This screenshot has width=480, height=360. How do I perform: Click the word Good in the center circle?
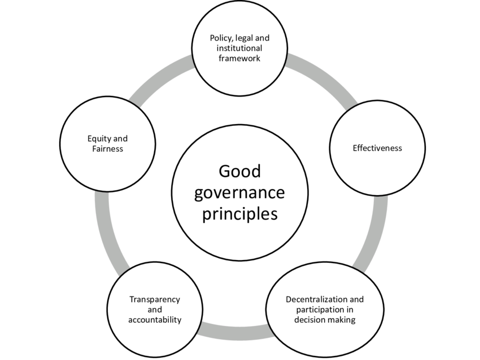point(239,172)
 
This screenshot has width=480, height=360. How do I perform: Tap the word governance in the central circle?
point(239,192)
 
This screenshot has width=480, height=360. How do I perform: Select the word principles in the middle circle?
point(239,214)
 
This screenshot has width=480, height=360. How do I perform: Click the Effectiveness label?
point(377,148)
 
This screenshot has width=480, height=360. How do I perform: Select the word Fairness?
point(107,149)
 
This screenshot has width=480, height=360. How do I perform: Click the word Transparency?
point(154,300)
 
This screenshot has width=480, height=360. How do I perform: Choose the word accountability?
point(154,320)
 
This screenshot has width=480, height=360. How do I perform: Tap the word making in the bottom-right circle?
point(343,319)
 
